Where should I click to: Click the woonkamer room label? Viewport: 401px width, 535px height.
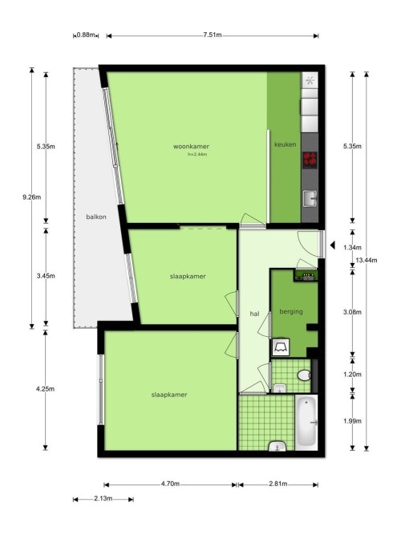point(191,146)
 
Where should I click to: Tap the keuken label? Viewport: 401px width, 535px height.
point(286,144)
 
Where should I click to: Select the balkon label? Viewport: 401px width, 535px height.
point(96,217)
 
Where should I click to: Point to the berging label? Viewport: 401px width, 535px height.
point(291,311)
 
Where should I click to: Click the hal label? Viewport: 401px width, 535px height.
point(254,314)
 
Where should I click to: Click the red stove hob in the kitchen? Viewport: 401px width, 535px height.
point(310,160)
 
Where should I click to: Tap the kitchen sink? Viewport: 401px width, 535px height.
point(310,198)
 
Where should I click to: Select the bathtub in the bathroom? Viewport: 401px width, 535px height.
point(306,423)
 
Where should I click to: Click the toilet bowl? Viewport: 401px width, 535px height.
point(304,375)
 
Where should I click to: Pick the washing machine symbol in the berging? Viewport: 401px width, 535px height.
point(281,347)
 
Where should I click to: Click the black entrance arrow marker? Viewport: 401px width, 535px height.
point(332,245)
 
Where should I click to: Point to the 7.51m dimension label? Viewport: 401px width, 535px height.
point(213,34)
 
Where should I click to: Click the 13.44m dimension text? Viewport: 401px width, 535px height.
point(367,261)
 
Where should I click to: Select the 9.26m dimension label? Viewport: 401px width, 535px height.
point(32,197)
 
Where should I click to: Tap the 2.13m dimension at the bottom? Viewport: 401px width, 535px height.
point(103,498)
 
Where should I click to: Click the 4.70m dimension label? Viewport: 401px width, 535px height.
point(170,484)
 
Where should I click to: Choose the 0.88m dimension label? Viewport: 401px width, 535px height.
point(86,34)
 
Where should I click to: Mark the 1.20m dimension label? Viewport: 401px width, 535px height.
point(352,375)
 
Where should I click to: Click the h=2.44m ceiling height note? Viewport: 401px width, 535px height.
point(197,154)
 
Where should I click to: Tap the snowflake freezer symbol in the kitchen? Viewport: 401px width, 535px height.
point(310,80)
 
